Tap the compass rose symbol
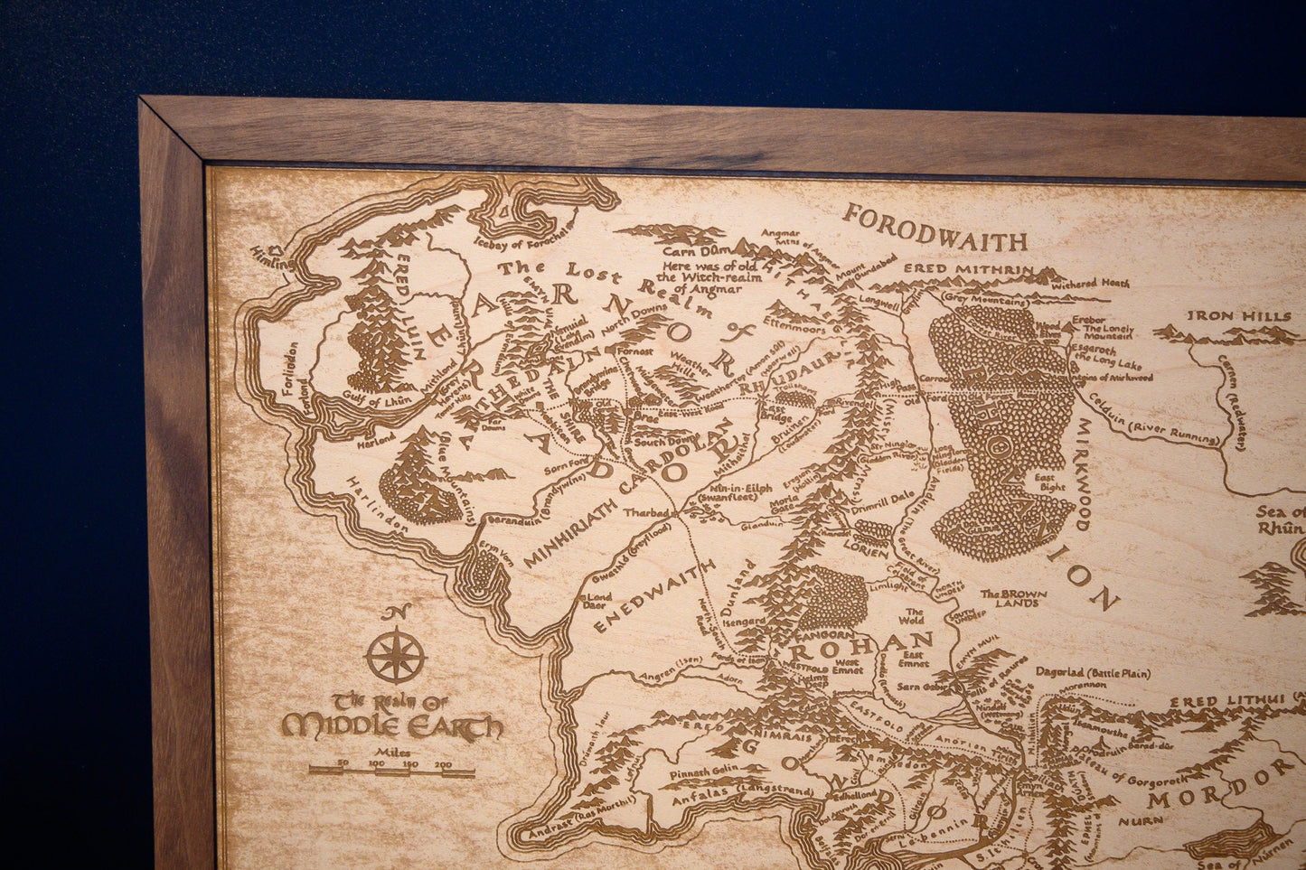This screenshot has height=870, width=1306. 396,655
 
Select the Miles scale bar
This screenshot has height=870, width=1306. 391,771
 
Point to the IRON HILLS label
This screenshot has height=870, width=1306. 1239,316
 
